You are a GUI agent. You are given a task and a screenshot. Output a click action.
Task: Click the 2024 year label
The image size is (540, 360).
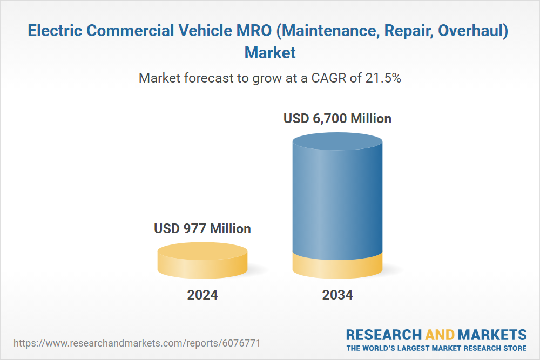(x=202, y=295)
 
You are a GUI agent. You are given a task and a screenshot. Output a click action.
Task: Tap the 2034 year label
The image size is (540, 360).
(x=337, y=295)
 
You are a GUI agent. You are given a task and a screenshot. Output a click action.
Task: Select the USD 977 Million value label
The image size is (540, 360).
(x=202, y=228)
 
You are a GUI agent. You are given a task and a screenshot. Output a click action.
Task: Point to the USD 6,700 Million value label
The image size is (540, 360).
(x=337, y=118)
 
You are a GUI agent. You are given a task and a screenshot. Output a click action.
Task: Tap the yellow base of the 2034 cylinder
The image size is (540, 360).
(x=337, y=266)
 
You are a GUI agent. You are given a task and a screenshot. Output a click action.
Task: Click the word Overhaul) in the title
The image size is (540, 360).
(x=472, y=31)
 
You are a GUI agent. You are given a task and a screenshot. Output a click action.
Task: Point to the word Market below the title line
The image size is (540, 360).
(x=270, y=52)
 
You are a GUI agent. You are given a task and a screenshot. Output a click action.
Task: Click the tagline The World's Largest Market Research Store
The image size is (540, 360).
(x=436, y=348)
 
